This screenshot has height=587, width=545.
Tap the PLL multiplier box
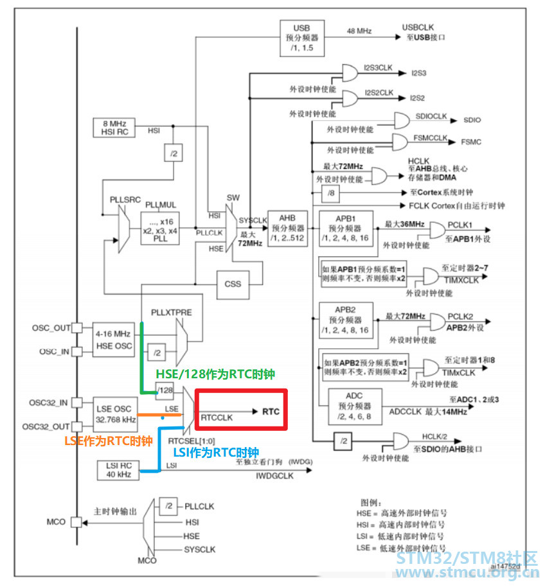coord(161,225)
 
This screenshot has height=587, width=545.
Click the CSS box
coord(233,283)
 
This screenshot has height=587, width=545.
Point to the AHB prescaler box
coord(287,227)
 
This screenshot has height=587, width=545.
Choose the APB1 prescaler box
coord(346,227)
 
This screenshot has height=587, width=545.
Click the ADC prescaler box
coord(355,406)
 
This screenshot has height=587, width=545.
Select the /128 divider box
coord(165,390)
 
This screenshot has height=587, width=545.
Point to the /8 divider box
coord(330,193)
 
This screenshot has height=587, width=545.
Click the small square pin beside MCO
coord(76,521)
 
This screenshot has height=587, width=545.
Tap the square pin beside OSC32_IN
coord(76,403)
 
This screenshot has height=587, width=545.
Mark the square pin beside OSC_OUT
coord(76,328)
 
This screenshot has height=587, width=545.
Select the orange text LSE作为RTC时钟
coord(108,441)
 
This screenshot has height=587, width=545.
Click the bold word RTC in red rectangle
coord(271,412)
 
